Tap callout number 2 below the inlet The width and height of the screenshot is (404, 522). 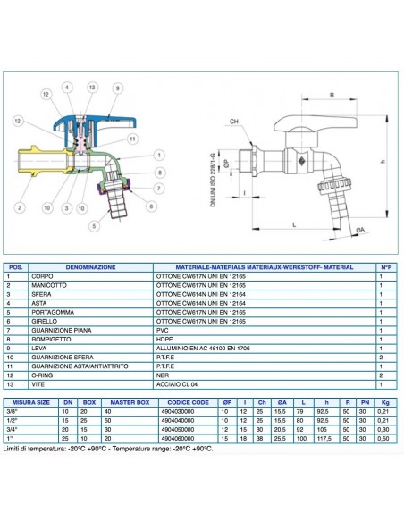point(18,209)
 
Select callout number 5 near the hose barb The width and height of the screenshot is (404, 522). point(94,226)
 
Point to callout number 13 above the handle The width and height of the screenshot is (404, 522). point(93,87)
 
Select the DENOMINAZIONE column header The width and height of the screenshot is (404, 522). point(87,266)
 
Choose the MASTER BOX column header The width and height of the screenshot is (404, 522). point(134,402)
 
